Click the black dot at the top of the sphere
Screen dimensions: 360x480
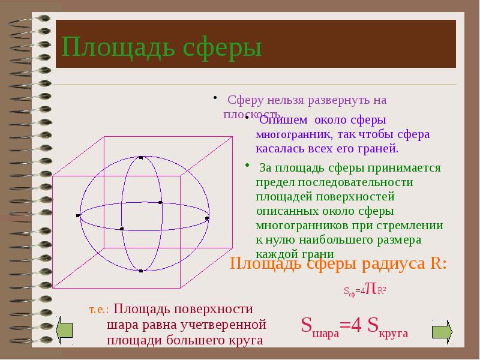pos(141,158)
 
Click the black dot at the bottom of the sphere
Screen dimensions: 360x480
pos(141,271)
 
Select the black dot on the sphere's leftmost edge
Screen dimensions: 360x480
pos(79,215)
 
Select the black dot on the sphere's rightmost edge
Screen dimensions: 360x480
pos(208,217)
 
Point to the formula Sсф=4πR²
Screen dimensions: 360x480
pos(364,290)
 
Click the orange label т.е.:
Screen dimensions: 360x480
pos(99,310)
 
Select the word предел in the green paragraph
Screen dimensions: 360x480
pos(272,182)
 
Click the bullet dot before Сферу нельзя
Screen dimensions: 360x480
pos(214,98)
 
